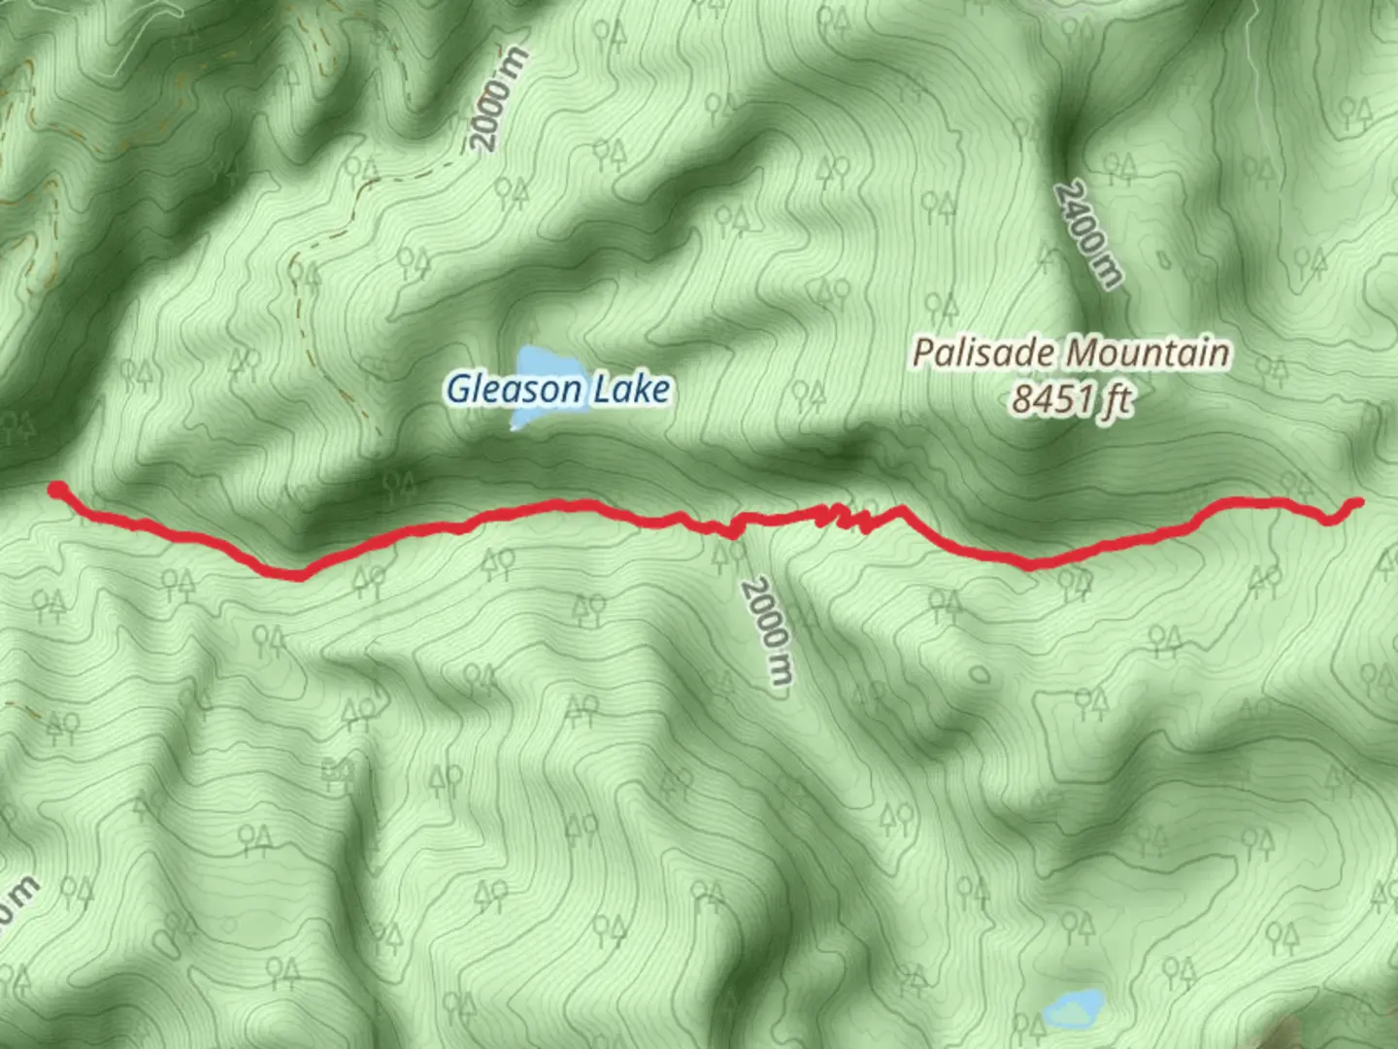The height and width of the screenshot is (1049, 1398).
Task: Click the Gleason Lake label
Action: pos(558,389)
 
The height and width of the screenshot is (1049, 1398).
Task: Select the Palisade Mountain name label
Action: pos(1071,353)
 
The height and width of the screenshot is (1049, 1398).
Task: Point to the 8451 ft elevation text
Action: pos(1071,399)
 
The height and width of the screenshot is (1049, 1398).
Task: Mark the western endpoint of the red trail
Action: pos(57,488)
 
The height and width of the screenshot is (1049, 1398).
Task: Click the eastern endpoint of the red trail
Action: pos(1356,502)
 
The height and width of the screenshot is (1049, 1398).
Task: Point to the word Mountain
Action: pos(1152,353)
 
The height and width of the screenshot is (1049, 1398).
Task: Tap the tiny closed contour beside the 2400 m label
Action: pos(1163,259)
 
